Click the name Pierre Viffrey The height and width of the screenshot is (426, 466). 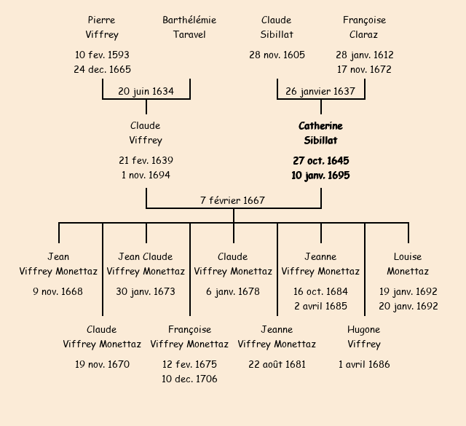(102, 27)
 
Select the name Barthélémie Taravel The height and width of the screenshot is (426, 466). (189, 27)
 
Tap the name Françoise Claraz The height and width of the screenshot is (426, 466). (364, 27)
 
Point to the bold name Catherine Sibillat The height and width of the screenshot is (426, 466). (320, 133)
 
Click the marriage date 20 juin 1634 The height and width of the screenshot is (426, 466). (146, 92)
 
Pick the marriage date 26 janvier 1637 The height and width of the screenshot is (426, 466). (320, 92)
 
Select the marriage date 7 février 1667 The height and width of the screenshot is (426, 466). (233, 200)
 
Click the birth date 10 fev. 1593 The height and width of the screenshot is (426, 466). (102, 55)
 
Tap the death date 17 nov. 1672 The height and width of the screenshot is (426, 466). (364, 70)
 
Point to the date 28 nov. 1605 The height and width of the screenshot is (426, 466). (277, 55)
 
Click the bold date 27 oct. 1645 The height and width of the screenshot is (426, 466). (320, 161)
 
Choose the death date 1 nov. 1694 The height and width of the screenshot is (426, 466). (146, 175)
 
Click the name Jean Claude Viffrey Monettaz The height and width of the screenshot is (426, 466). (146, 264)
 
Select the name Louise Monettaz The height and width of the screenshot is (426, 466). (408, 264)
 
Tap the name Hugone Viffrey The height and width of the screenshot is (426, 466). (364, 336)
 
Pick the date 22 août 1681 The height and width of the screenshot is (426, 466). (277, 364)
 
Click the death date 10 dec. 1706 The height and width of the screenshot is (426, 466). (189, 379)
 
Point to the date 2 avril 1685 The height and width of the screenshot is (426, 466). (320, 306)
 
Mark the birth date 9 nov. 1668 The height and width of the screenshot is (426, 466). (58, 292)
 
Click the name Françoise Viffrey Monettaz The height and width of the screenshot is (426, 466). (189, 336)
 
